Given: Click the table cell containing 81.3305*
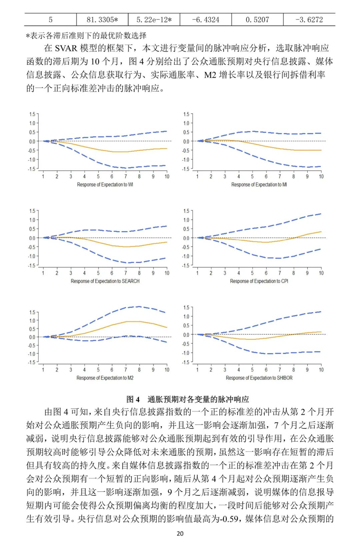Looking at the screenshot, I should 102,20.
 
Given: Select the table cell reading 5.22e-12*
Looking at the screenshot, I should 154,20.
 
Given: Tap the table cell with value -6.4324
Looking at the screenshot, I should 206,20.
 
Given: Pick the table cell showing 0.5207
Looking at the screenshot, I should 257,20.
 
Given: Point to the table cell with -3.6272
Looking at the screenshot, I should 309,20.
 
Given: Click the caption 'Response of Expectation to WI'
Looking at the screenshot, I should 105,185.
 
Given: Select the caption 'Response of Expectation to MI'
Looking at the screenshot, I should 259,185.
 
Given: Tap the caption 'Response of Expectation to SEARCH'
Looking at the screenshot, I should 105,281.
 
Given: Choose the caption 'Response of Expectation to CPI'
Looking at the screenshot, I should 259,281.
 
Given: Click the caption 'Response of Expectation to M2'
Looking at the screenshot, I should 105,378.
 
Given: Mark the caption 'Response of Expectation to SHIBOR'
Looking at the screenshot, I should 259,378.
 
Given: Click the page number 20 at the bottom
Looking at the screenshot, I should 180,534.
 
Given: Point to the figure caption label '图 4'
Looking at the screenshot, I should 133,399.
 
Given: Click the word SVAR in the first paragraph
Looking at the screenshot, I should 66,48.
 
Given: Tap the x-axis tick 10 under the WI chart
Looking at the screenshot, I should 167,176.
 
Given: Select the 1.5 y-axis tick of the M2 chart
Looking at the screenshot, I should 32,312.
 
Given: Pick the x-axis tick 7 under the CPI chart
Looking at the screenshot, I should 280,273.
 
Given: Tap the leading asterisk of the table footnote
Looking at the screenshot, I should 28,36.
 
